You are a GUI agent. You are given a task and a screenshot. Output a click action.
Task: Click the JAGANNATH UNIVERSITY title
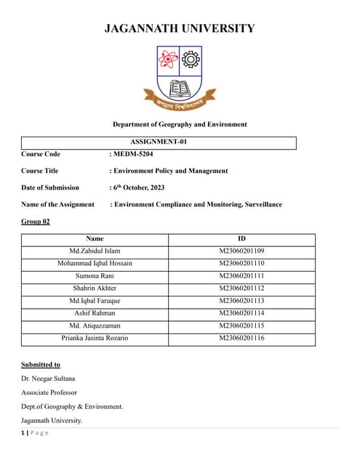[180, 29]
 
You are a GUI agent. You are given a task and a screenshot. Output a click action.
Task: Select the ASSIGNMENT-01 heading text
[159, 142]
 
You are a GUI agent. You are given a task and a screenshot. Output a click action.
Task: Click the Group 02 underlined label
[36, 221]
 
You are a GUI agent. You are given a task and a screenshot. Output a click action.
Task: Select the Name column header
[95, 238]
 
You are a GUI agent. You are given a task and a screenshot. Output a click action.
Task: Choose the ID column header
[241, 238]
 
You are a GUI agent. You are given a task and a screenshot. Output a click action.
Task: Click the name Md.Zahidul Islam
[95, 251]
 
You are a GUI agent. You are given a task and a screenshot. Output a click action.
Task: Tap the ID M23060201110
[241, 263]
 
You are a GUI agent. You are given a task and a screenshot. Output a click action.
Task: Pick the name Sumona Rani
[95, 276]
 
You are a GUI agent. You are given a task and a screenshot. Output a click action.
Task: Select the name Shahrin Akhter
[95, 288]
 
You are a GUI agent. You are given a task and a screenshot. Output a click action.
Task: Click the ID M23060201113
[241, 301]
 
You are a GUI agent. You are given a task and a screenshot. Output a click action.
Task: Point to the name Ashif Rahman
[95, 313]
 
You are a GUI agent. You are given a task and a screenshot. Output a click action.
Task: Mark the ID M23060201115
[241, 326]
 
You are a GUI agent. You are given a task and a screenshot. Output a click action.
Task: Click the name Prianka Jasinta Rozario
[95, 339]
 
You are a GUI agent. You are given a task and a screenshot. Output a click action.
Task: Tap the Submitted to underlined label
[41, 364]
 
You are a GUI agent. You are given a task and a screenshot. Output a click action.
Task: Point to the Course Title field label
[40, 171]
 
